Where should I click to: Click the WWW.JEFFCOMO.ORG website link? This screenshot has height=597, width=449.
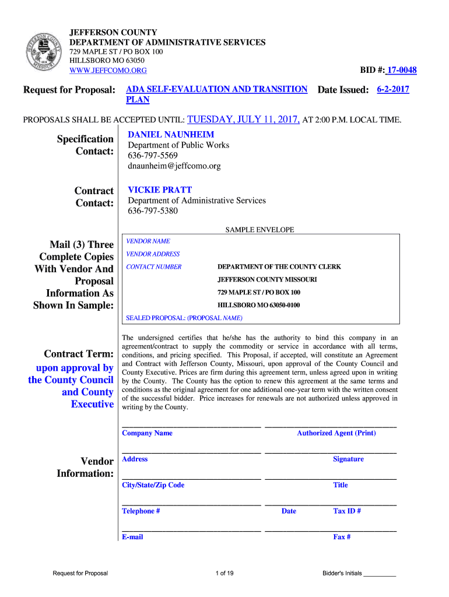click(x=108, y=71)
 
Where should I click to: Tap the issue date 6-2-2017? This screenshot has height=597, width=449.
click(x=393, y=90)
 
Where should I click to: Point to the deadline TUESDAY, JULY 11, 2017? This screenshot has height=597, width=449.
click(x=244, y=120)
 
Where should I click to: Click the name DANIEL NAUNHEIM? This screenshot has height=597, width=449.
click(x=171, y=134)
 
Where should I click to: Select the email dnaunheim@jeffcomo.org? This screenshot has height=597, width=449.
click(x=174, y=166)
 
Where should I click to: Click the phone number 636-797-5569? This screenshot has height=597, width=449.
click(x=153, y=156)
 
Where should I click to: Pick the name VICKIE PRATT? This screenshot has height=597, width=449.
click(x=160, y=189)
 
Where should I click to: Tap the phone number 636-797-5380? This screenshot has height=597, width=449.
click(x=153, y=210)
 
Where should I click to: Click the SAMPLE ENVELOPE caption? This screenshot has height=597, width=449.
click(x=260, y=230)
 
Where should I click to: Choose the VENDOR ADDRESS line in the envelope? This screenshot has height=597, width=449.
click(x=153, y=254)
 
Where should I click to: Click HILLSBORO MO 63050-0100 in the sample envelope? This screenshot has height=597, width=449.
click(x=259, y=305)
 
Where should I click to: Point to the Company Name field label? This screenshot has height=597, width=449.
click(x=147, y=433)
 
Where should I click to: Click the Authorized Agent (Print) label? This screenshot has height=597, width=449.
click(x=336, y=433)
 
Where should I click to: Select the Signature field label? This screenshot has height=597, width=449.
click(x=348, y=459)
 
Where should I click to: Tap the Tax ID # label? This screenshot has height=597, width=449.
click(x=347, y=511)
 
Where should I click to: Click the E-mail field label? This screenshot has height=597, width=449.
click(x=132, y=537)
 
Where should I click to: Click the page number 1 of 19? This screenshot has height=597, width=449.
click(x=224, y=574)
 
